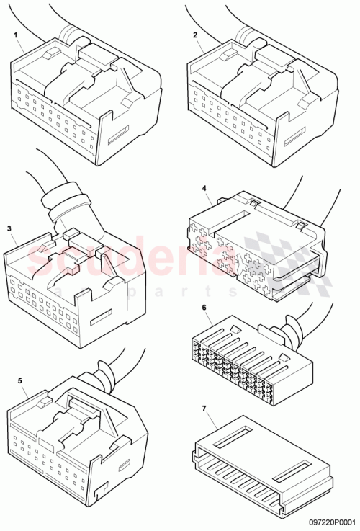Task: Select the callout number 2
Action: tap(194, 35)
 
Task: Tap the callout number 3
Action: tap(10, 229)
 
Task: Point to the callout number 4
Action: tap(204, 189)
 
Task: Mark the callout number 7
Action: tap(204, 409)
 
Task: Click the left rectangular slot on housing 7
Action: tap(235, 434)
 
